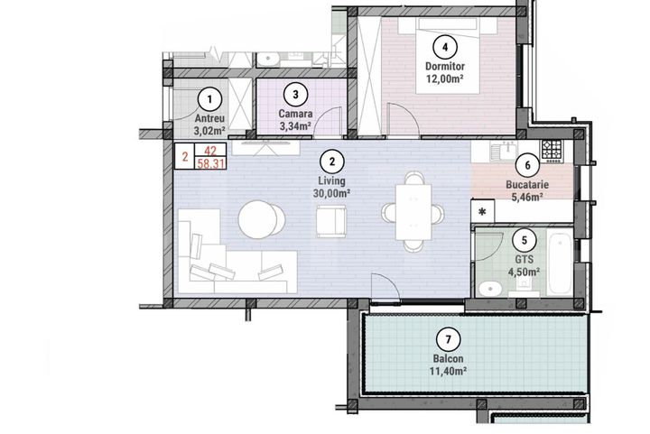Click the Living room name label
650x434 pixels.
[333, 180]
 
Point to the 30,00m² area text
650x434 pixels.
[333, 192]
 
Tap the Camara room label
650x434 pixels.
[295, 115]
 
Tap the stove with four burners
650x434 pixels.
[552, 148]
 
